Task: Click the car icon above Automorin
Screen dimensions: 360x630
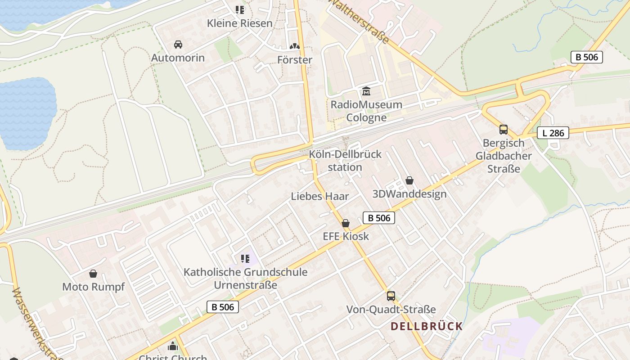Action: [x=178, y=45]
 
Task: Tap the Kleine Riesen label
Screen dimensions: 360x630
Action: [x=240, y=23]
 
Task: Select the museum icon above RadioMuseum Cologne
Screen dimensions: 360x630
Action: [x=366, y=91]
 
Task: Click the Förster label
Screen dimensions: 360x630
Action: [x=295, y=60]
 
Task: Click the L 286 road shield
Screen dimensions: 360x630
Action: [x=553, y=133]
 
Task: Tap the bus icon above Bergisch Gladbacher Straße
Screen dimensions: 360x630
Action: [x=504, y=130]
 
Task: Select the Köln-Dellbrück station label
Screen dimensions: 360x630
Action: [x=345, y=161]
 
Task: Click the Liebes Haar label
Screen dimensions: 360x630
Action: [x=320, y=196]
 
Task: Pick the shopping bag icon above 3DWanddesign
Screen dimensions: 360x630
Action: [x=409, y=180]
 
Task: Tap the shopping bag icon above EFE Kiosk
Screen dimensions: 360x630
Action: [x=346, y=223]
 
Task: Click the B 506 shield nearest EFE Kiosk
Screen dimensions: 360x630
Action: [x=379, y=218]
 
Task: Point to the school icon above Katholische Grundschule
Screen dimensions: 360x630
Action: [x=245, y=258]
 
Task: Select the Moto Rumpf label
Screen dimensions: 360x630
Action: [x=93, y=287]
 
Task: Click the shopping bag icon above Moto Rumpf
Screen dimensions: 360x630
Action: [x=93, y=274]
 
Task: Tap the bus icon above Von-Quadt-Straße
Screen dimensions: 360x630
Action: [x=391, y=296]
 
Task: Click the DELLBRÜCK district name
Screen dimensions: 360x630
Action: [x=427, y=326]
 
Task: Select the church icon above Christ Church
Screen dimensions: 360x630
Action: [x=173, y=346]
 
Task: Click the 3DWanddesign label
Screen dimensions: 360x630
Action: [x=409, y=194]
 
